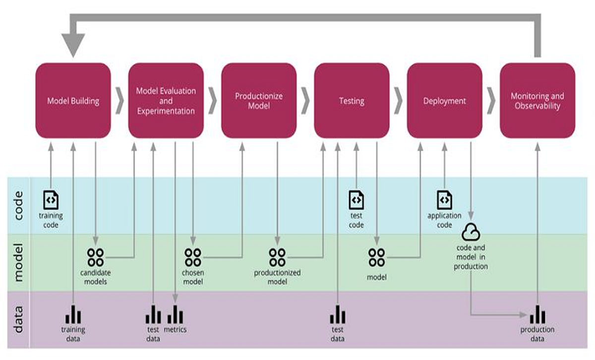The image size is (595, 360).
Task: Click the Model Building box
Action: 73,101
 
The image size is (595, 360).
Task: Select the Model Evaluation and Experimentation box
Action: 166,101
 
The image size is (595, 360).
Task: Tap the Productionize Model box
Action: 258,101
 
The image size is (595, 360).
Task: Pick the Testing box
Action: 352,101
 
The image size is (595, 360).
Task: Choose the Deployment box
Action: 444,101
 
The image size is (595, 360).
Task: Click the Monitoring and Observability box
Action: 537,101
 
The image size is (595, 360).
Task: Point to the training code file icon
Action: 51,199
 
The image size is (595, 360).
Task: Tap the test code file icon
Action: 356,199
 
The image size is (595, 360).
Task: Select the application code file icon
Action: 444,199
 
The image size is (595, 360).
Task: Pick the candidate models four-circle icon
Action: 95,257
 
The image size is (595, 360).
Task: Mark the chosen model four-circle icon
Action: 193,257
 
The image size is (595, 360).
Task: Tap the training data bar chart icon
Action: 73,314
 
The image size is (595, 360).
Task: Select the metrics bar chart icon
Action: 175,314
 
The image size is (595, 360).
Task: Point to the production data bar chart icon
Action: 537,314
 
